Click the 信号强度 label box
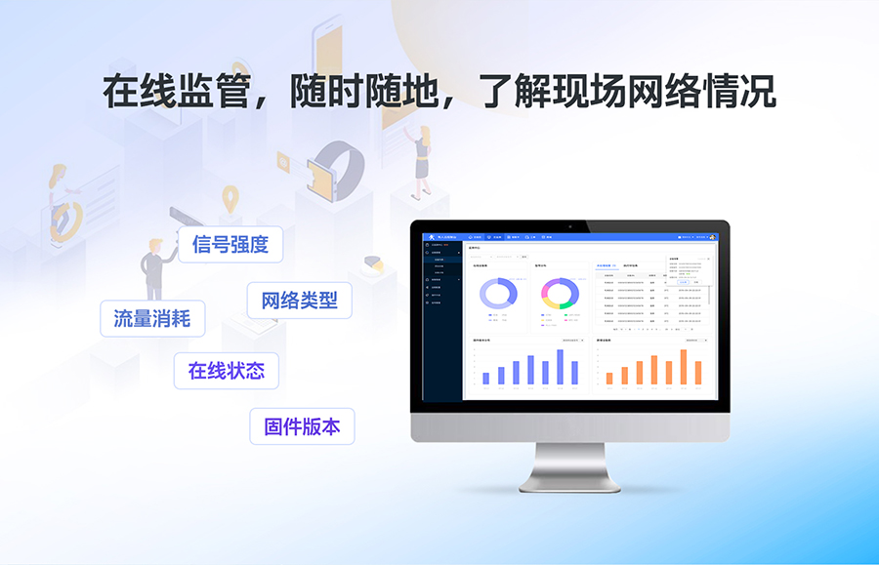tap(230, 244)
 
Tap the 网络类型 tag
tap(299, 300)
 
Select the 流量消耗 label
tap(152, 318)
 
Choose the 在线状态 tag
tap(226, 371)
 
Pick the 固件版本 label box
tap(302, 426)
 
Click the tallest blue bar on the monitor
tap(561, 367)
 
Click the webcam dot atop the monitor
tap(570, 225)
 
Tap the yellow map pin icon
tap(230, 199)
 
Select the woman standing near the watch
tap(422, 156)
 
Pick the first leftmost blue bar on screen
tap(486, 377)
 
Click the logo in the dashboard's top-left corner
tap(430, 237)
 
